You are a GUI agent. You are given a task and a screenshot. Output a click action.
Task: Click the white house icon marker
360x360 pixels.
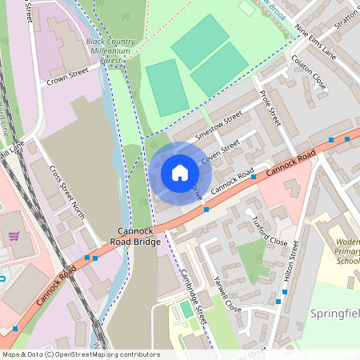point(180,173)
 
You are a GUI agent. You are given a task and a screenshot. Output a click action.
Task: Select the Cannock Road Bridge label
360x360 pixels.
point(135,236)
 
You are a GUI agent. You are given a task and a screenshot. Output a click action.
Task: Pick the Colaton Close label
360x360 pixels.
point(309,72)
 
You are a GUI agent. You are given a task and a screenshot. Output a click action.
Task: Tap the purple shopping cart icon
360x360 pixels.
point(14,236)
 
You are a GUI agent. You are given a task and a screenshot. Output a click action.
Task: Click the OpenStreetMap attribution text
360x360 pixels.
point(80,354)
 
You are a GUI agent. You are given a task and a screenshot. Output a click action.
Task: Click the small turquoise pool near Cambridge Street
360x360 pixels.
point(186,309)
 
